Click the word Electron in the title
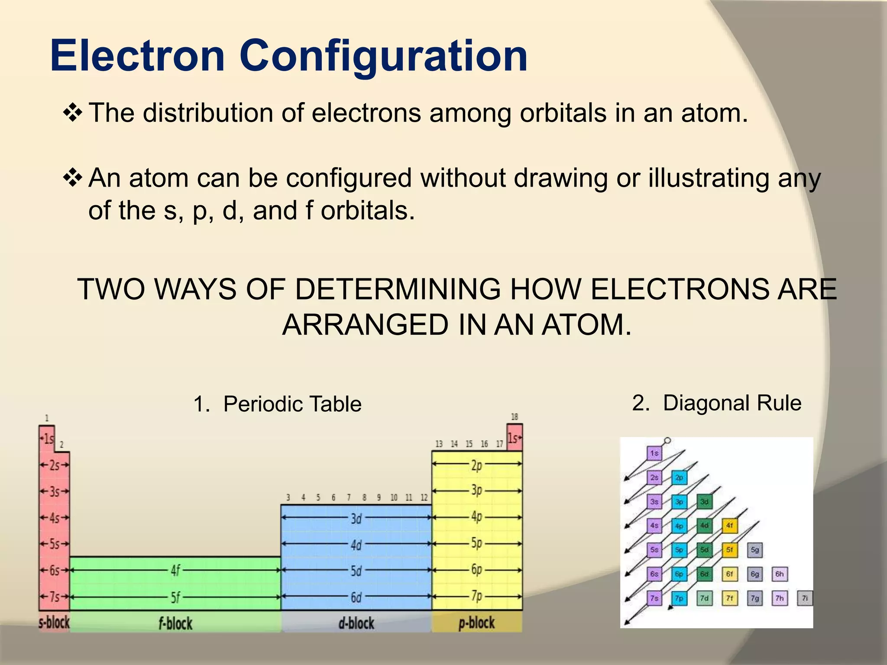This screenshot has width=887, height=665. point(137,56)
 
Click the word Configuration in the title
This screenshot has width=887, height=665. point(383,57)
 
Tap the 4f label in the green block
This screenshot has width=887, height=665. point(175,570)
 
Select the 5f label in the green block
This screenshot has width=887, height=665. point(175,597)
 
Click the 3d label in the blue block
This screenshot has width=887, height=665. point(356,518)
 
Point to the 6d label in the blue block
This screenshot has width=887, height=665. point(356,597)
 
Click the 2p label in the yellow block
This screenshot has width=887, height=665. point(476,465)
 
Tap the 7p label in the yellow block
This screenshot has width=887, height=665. point(476,596)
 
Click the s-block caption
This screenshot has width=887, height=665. point(54,623)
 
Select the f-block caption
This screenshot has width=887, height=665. point(175,623)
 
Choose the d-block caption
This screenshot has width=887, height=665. point(356,623)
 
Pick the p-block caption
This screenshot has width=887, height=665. point(476,623)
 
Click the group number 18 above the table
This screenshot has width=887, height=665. point(514,417)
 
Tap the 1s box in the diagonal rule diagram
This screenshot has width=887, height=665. point(654,453)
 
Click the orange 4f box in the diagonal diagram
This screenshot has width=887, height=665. point(729,526)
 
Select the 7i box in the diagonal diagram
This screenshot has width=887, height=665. point(805,598)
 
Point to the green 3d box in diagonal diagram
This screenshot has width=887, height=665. point(705,502)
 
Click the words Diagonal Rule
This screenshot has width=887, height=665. point(732,403)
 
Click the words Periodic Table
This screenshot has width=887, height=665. point(292,404)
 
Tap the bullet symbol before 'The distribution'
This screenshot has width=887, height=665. point(72,113)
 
